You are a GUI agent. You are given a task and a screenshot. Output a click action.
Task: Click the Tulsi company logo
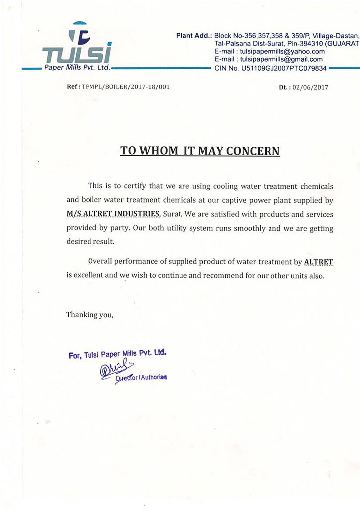tap(78, 45)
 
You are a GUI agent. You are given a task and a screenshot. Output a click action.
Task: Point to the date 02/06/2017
tap(310, 87)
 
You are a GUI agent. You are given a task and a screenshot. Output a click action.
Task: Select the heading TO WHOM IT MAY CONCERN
tap(200, 150)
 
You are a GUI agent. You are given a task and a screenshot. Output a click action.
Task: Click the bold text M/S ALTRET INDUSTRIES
tap(113, 214)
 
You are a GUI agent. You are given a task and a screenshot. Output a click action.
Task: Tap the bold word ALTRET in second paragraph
tap(318, 261)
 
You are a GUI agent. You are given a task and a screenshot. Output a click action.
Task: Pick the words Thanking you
tap(90, 314)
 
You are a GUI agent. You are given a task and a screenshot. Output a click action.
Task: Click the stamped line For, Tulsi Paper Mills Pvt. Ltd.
tap(117, 354)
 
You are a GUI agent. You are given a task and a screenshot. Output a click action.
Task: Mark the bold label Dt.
tap(284, 87)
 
